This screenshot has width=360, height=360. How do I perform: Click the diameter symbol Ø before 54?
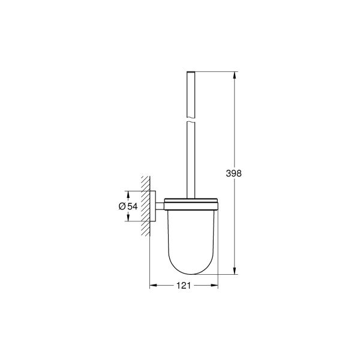point(122,206)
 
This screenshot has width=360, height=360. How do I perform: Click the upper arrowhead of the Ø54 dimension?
point(128,194)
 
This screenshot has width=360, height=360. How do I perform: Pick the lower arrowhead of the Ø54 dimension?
point(128,218)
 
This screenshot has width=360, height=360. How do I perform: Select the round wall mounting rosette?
point(155,205)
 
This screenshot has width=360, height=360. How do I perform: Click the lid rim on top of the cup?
point(192,200)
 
